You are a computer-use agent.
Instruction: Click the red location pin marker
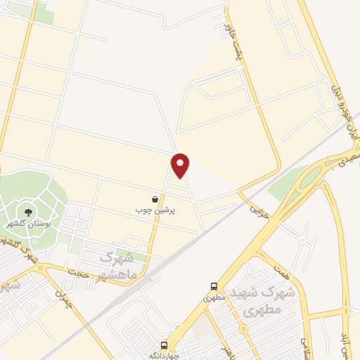click(181, 165)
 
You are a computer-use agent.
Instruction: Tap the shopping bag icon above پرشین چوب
click(155, 200)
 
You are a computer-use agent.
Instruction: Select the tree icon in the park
click(28, 210)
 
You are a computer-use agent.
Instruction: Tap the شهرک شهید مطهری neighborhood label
click(261, 300)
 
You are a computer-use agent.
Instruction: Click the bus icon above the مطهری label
click(214, 286)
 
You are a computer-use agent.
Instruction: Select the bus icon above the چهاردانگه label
click(164, 345)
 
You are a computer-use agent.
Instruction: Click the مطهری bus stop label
click(212, 297)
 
